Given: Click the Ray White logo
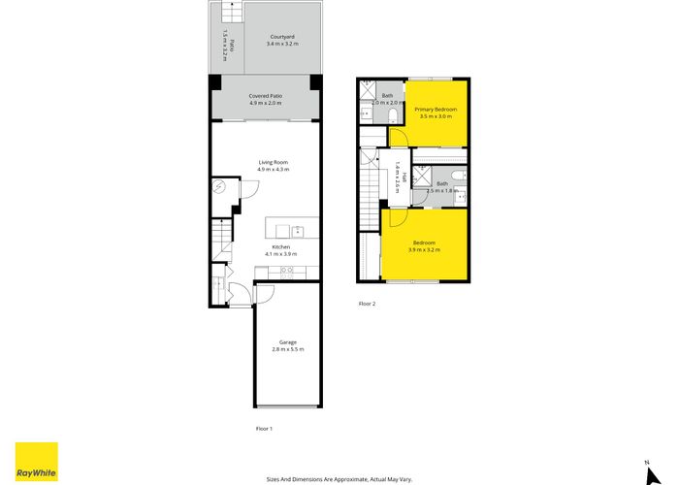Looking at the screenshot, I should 36,462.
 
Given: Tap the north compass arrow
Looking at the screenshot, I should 645,469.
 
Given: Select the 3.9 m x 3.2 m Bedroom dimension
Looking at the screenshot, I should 424,250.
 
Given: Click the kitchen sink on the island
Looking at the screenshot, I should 298,231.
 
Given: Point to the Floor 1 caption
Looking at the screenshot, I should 264,428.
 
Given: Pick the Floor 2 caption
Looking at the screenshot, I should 367,304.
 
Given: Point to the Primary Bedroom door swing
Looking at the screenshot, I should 398,137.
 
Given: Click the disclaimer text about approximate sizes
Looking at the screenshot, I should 339,478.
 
